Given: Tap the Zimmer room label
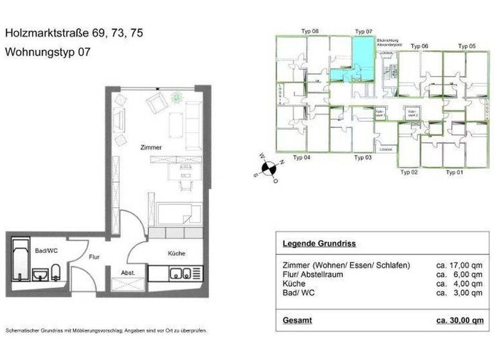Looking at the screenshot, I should point(151,148).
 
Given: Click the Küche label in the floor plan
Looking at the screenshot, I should point(177,253).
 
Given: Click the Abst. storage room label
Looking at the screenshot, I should point(128,273).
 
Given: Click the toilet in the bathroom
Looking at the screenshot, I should point(56,272).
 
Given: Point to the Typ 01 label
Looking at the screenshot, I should point(454,172).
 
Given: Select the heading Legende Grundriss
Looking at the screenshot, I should point(318,244).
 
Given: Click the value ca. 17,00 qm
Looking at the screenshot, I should point(459,265).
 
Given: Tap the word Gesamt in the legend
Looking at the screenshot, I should point(297,319).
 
